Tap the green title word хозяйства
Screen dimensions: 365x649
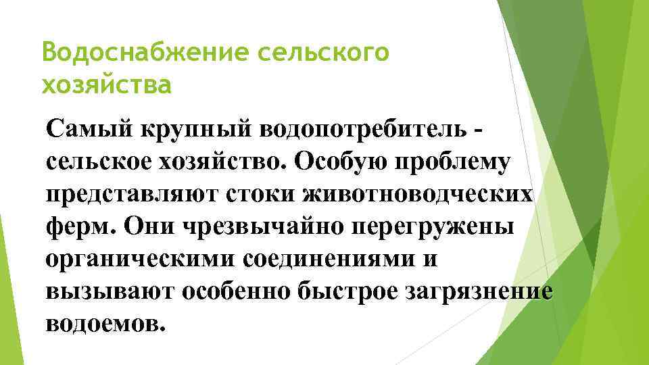(x=106, y=86)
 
